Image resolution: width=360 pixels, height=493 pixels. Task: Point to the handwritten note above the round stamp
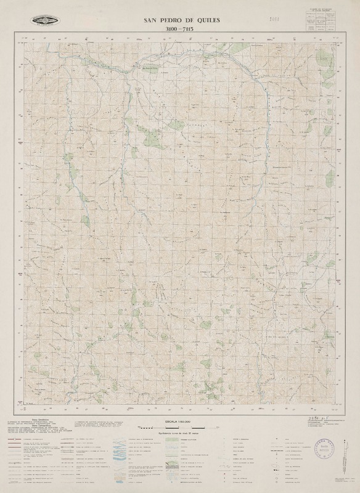tap(319, 419)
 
